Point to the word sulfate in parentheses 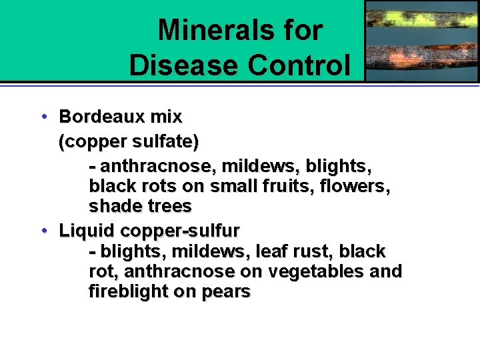click(x=162, y=142)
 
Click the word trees click(x=168, y=206)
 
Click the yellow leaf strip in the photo click(x=421, y=13)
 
